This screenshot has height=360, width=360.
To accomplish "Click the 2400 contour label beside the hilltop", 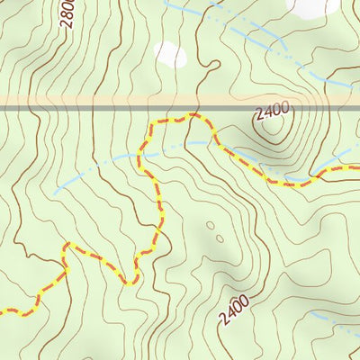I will tap(271, 112).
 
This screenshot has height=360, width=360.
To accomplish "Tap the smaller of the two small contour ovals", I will tap(210, 226).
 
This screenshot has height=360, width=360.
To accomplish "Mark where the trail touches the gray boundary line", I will tap(191, 115).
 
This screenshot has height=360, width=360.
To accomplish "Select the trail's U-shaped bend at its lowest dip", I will tap(130, 282).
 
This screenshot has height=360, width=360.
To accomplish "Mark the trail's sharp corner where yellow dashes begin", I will tap(65, 245).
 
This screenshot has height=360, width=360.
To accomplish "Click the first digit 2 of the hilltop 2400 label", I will tap(258, 116).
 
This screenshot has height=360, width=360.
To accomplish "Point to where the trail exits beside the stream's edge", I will tap(356, 166).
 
